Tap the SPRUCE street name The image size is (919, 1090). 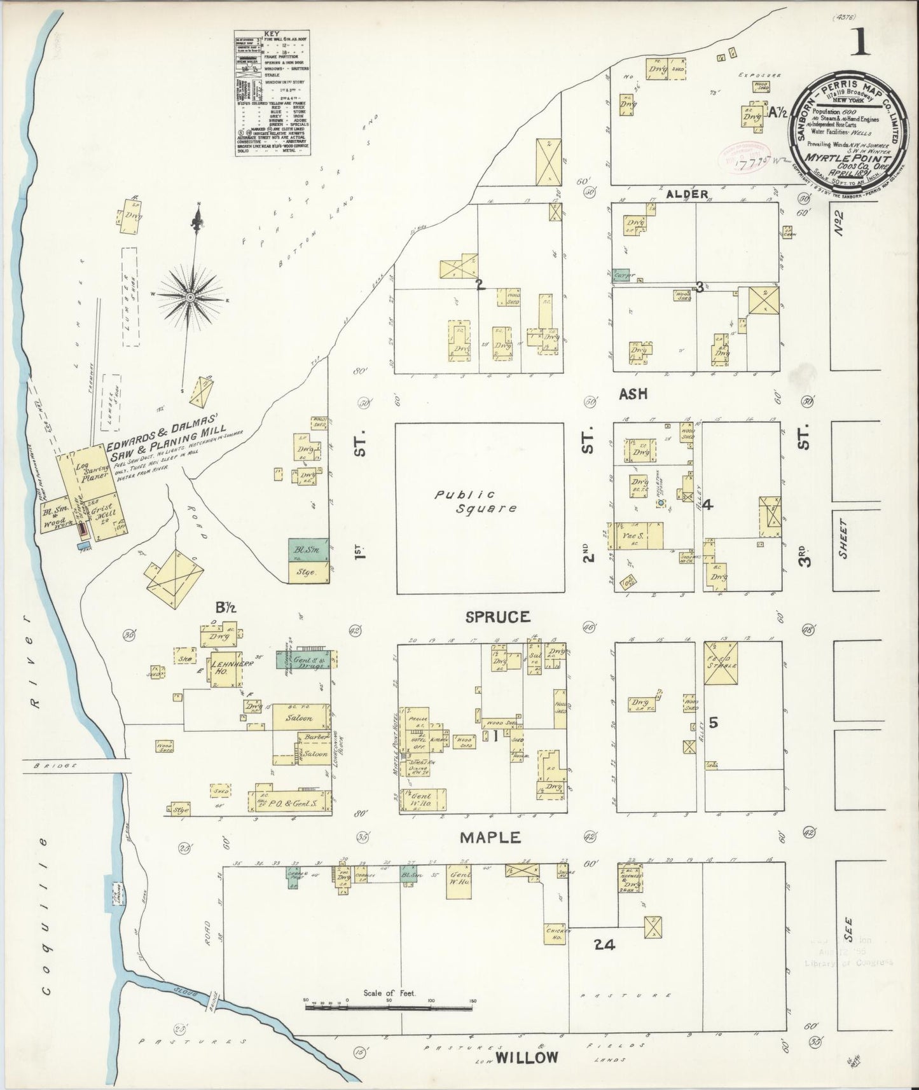pyautogui.click(x=497, y=617)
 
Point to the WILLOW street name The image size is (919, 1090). pyautogui.click(x=527, y=1058)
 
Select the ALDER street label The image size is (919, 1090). pyautogui.click(x=687, y=194)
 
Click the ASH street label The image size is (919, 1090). pyautogui.click(x=633, y=394)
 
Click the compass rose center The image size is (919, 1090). pyautogui.click(x=191, y=297)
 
